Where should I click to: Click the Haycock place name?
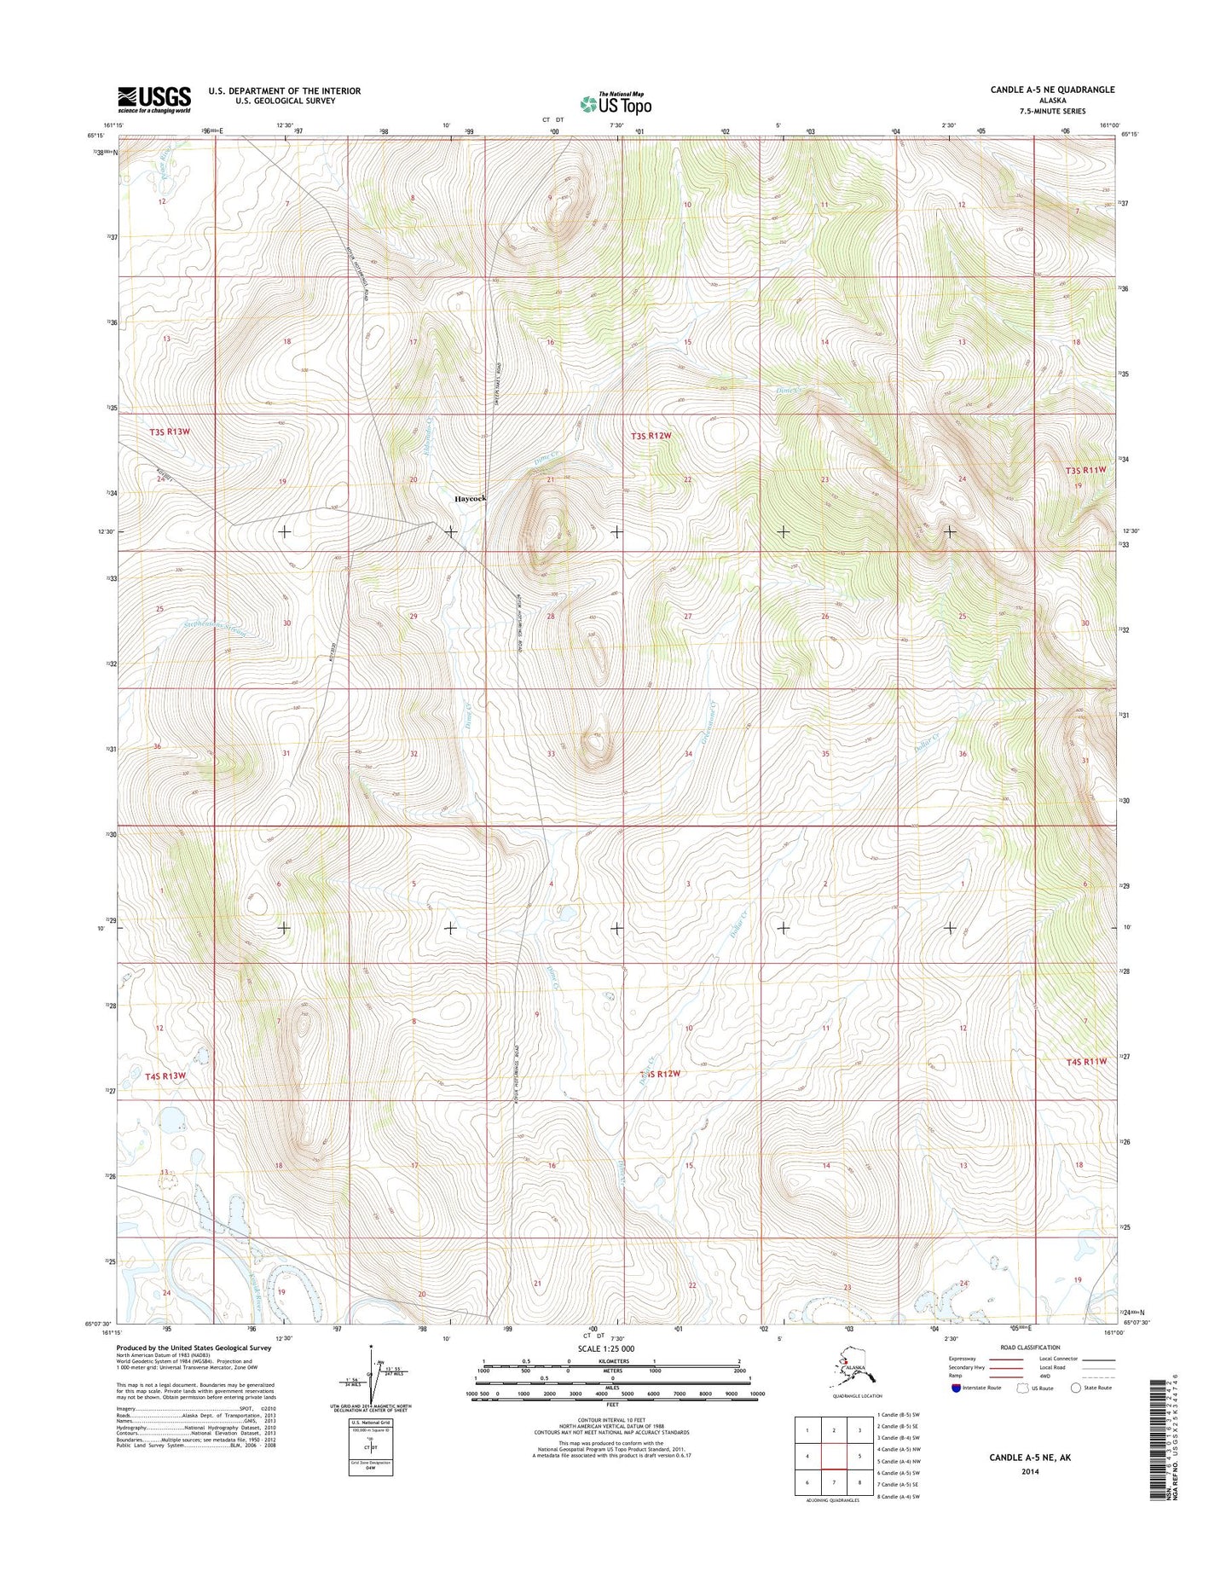470,498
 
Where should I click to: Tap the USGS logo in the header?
154,99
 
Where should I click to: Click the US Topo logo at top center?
616,103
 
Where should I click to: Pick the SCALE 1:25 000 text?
606,1348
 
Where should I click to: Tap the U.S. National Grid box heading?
369,1423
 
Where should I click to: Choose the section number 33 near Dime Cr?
551,754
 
